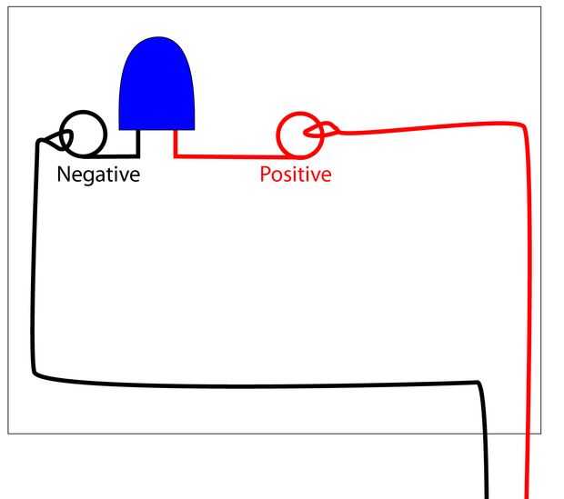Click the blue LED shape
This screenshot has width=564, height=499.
pyautogui.click(x=157, y=86)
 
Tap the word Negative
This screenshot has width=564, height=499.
pyautogui.click(x=98, y=175)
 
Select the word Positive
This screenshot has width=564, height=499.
pyautogui.click(x=296, y=175)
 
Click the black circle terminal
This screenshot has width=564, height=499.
pyautogui.click(x=83, y=134)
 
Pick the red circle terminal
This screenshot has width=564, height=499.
pyautogui.click(x=298, y=135)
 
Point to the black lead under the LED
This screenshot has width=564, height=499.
pyautogui.click(x=137, y=144)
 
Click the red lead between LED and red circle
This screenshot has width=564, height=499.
pyautogui.click(x=227, y=155)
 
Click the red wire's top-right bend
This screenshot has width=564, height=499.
pyautogui.click(x=524, y=125)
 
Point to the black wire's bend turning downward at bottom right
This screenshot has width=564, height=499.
pyautogui.click(x=478, y=384)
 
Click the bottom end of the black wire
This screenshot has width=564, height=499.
pyautogui.click(x=488, y=494)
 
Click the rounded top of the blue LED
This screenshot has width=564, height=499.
pyautogui.click(x=157, y=42)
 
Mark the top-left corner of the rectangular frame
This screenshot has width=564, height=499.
pyautogui.click(x=9, y=8)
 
